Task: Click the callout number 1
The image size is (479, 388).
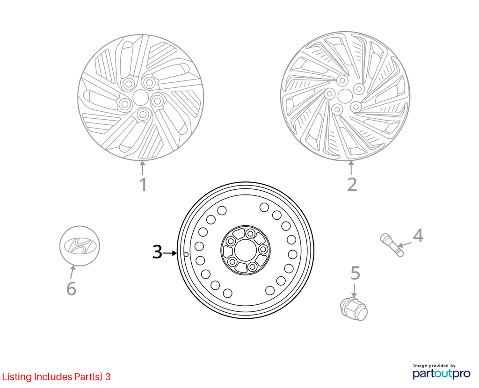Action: click(143, 185)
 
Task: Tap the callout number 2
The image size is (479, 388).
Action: click(352, 185)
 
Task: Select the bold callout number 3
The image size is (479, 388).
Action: click(157, 252)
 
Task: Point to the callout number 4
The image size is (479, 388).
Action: click(418, 236)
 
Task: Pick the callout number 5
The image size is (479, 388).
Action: click(356, 273)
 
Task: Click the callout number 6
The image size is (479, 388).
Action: click(71, 288)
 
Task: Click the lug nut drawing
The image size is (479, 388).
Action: click(354, 309)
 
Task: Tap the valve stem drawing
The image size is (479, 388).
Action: click(392, 245)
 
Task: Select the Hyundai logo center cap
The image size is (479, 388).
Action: click(80, 246)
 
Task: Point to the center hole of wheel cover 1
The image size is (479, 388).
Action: click(140, 97)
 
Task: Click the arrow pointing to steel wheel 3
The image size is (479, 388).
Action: click(170, 253)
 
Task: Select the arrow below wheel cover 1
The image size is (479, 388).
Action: click(142, 168)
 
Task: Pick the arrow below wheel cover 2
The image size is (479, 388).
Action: click(351, 168)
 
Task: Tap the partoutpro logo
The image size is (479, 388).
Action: click(442, 372)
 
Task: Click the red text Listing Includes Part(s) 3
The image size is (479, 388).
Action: click(56, 377)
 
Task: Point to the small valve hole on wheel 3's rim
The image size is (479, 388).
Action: click(186, 254)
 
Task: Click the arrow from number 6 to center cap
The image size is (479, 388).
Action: click(72, 273)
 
